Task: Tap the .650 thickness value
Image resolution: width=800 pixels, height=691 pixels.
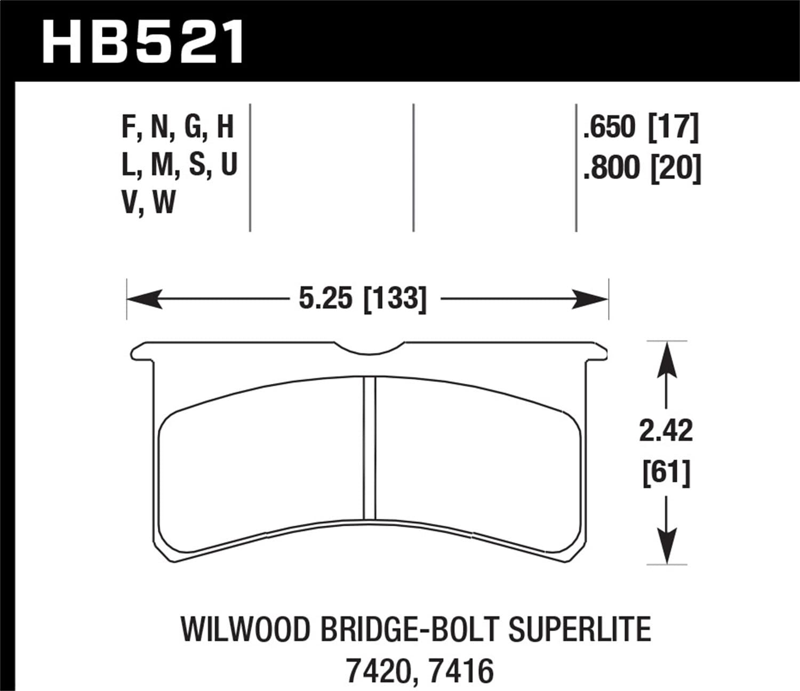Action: tap(610, 128)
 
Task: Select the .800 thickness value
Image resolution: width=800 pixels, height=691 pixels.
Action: tap(611, 167)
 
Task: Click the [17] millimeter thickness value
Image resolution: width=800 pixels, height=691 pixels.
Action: tap(673, 128)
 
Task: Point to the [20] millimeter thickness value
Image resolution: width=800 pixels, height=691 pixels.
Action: tap(675, 167)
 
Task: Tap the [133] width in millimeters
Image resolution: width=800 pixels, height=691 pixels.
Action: tap(395, 299)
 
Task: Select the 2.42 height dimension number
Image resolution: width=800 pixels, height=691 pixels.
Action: tap(666, 431)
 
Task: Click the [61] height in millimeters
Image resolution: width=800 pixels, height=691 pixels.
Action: tap(666, 472)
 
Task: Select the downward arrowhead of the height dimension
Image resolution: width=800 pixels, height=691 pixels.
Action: tap(666, 549)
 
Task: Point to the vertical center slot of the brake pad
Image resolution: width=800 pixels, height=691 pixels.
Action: tap(369, 448)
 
